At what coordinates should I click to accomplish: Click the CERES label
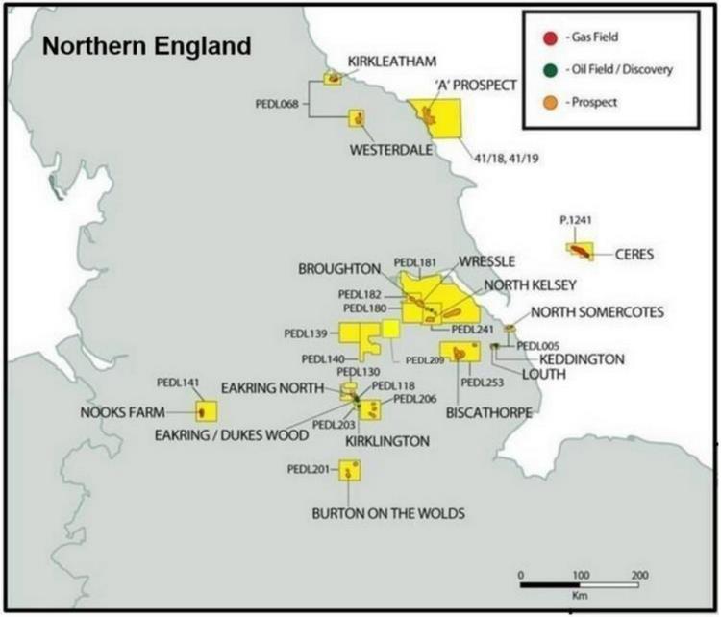[x=633, y=255]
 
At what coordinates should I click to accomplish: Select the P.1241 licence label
[x=575, y=220]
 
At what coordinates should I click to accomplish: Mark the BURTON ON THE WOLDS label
[x=388, y=514]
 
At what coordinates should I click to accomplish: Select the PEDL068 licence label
[x=277, y=103]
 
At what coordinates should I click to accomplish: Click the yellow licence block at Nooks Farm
[x=204, y=412]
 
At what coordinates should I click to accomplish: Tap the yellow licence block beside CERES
[x=579, y=250]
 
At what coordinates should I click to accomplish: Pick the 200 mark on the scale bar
[x=638, y=574]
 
